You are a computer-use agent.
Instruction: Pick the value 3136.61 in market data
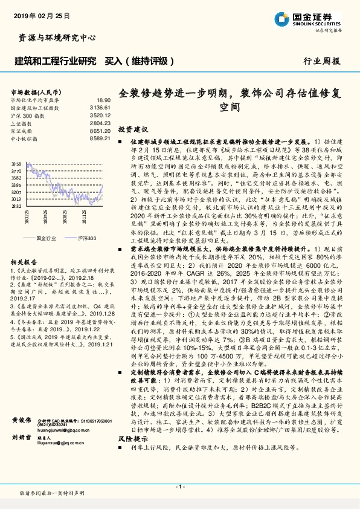pyautogui.click(x=101, y=107)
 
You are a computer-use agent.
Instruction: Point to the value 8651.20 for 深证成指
pyautogui.click(x=101, y=131)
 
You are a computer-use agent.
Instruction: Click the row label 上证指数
pyautogui.click(x=23, y=123)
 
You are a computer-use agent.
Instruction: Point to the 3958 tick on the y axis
pyautogui.click(x=16, y=164)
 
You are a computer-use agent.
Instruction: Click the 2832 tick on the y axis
pyautogui.click(x=16, y=206)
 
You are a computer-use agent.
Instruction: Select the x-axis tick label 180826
pyautogui.click(x=63, y=219)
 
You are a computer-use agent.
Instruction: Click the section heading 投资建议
pyautogui.click(x=133, y=129)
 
